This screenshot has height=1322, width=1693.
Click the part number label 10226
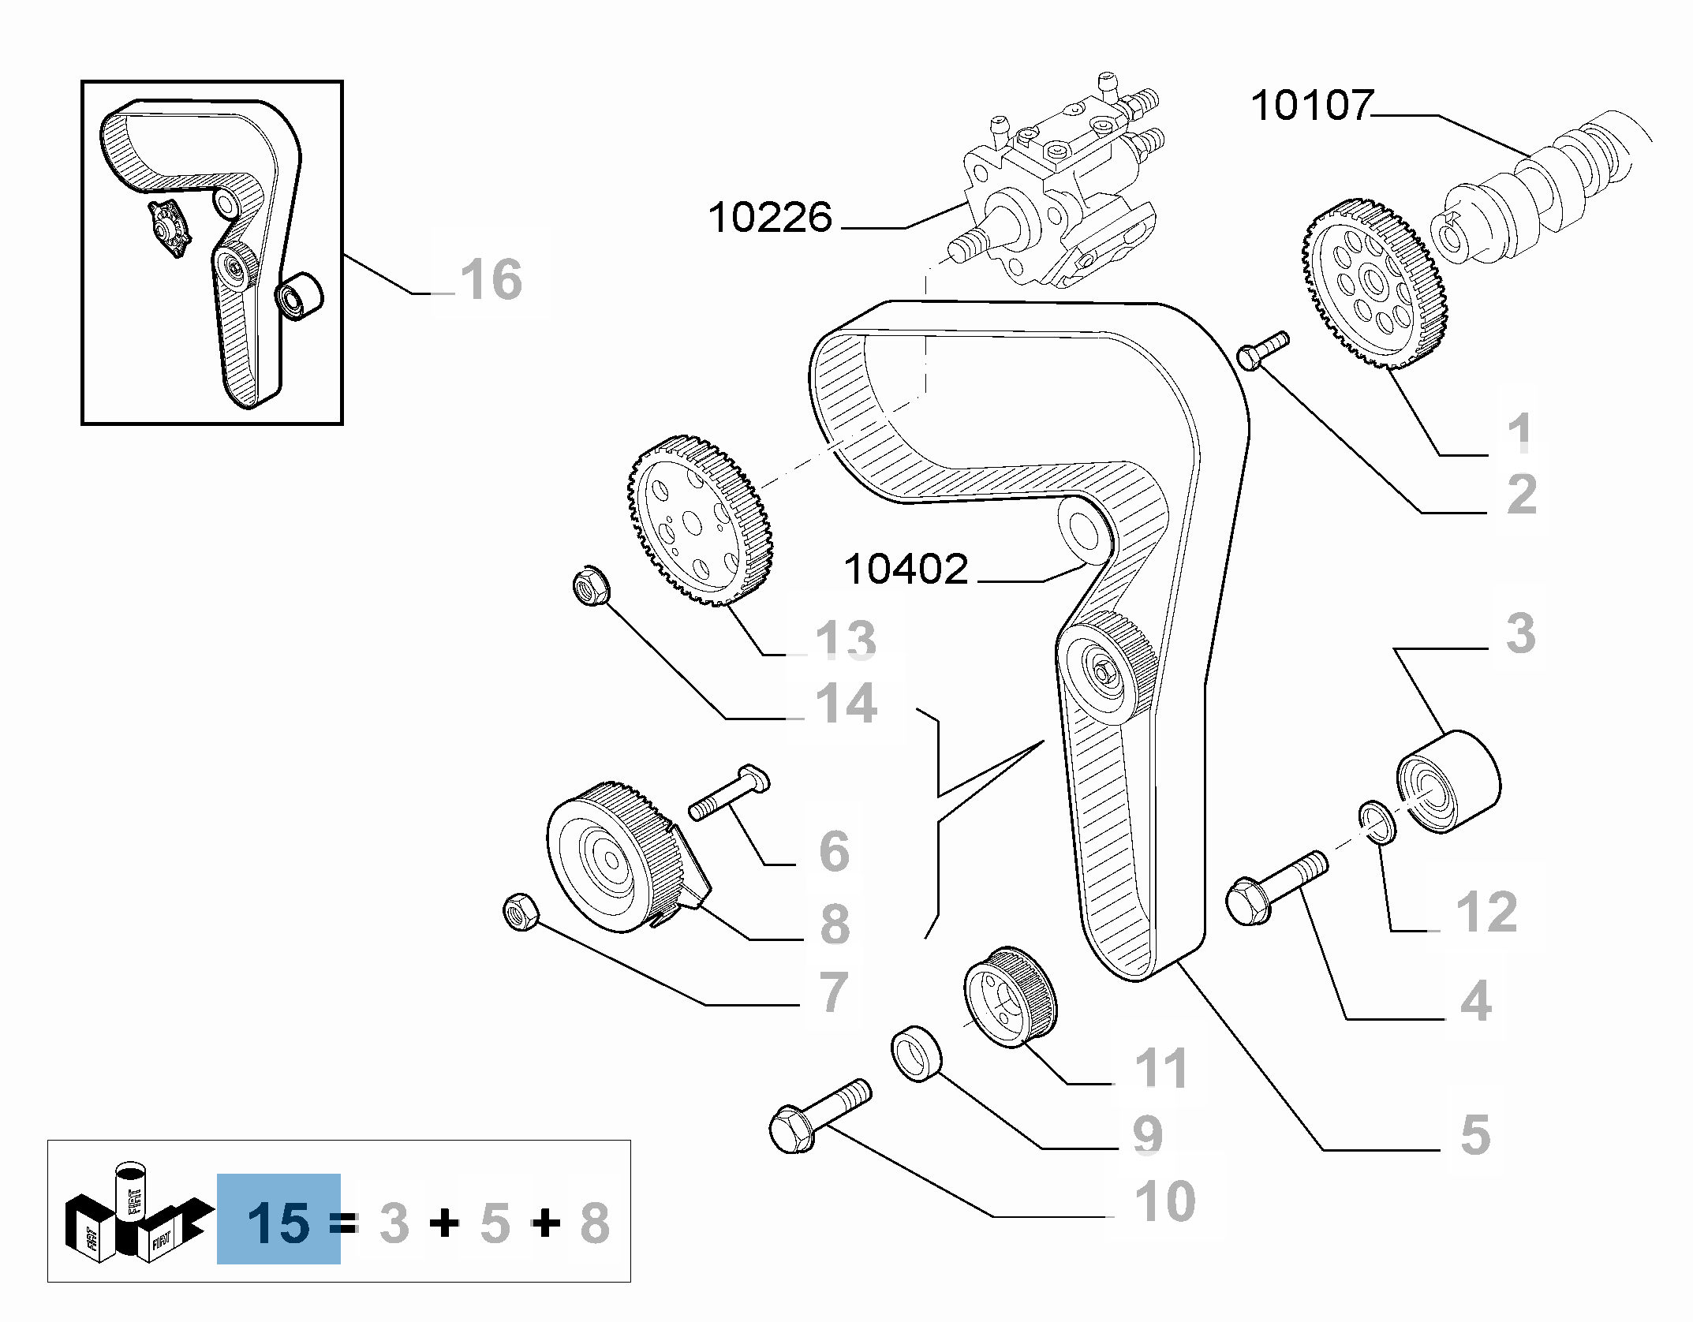pos(770,218)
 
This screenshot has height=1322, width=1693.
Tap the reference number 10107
pos(1312,106)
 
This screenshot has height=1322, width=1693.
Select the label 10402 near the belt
pos(906,569)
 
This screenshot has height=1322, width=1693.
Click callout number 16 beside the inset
pos(491,279)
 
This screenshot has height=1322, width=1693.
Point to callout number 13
pos(845,638)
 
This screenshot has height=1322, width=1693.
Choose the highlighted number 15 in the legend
pos(278,1223)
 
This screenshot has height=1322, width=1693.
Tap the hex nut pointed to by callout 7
pos(521,912)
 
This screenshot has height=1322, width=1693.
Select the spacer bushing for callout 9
pos(917,1053)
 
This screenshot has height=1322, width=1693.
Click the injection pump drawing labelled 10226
pos(1057,189)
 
